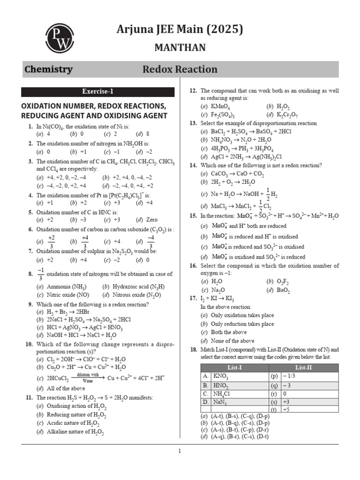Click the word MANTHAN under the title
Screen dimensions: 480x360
(180, 48)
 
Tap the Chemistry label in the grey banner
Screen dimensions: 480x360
(48, 69)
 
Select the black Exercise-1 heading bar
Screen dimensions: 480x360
(97, 92)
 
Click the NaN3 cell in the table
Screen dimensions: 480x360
(221, 402)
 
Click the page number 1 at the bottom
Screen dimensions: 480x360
(180, 451)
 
